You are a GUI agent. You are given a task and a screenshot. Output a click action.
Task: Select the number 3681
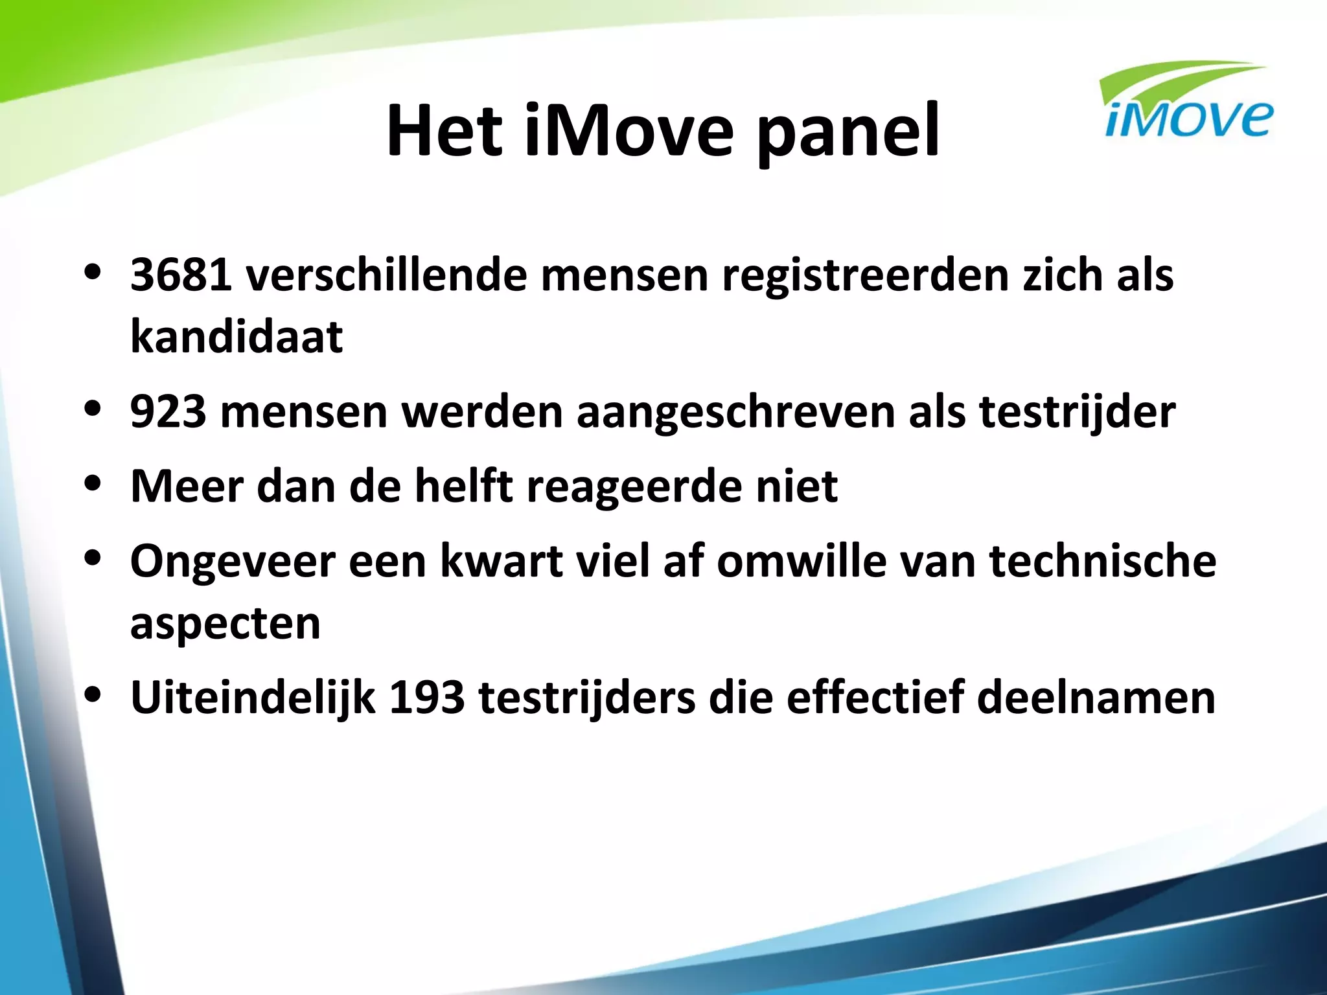(x=181, y=275)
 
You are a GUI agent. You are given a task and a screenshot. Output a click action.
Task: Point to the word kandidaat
(x=237, y=337)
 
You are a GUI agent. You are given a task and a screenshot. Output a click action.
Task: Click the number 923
(x=168, y=412)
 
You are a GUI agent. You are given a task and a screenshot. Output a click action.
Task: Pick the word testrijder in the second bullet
(x=1077, y=412)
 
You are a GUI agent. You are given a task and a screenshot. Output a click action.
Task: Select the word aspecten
(x=225, y=624)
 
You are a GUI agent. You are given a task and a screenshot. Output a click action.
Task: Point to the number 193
(x=427, y=698)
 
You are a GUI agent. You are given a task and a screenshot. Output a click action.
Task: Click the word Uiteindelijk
(x=253, y=698)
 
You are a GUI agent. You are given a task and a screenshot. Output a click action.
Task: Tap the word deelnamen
(x=1096, y=698)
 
